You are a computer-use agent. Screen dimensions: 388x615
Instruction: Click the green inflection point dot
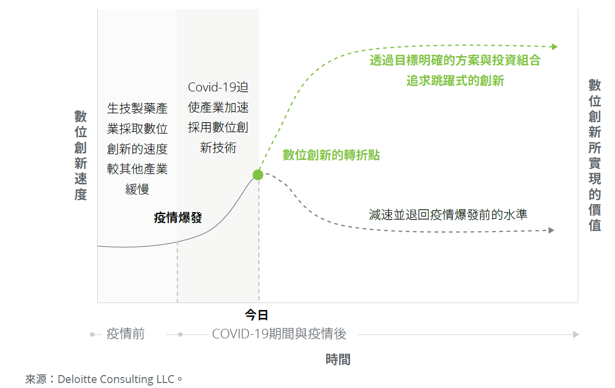pyautogui.click(x=258, y=174)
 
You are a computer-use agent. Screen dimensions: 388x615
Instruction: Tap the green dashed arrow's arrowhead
pyautogui.click(x=555, y=47)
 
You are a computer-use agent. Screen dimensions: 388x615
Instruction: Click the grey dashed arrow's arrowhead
pyautogui.click(x=551, y=230)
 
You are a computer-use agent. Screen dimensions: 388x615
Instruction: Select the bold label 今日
pyautogui.click(x=257, y=315)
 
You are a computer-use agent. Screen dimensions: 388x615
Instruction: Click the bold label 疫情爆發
pyautogui.click(x=178, y=218)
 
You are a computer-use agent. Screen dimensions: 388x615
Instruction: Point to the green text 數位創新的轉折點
pyautogui.click(x=331, y=155)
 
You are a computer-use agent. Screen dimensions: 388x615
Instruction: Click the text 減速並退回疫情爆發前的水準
pyautogui.click(x=448, y=215)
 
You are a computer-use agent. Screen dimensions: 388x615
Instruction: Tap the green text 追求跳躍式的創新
pyautogui.click(x=455, y=80)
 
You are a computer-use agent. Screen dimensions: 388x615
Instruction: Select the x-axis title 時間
pyautogui.click(x=338, y=360)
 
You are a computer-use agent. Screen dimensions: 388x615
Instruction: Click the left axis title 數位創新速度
pyautogui.click(x=81, y=155)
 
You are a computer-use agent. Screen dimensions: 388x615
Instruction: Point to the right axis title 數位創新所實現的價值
pyautogui.click(x=595, y=155)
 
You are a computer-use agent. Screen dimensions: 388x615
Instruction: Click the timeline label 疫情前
pyautogui.click(x=126, y=334)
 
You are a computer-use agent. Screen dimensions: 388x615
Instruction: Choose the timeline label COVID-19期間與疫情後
pyautogui.click(x=279, y=334)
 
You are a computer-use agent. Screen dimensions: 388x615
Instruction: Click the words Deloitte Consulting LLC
pyautogui.click(x=116, y=379)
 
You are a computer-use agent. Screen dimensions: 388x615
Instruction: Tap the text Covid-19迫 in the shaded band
pyautogui.click(x=218, y=87)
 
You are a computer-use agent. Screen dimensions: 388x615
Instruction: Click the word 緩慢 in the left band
pyautogui.click(x=137, y=189)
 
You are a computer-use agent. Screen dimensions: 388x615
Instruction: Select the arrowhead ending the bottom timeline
pyautogui.click(x=576, y=334)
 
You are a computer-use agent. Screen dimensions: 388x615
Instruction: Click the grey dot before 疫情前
pyautogui.click(x=92, y=334)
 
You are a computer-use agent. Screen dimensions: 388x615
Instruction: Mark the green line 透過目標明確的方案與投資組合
pyautogui.click(x=455, y=61)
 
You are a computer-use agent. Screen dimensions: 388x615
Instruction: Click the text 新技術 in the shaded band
pyautogui.click(x=218, y=148)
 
